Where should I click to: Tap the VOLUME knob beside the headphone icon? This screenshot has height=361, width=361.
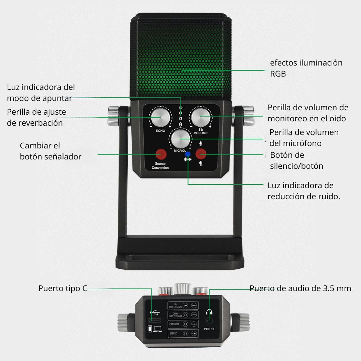click(x=201, y=118)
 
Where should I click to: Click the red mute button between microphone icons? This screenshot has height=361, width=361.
click(x=201, y=154)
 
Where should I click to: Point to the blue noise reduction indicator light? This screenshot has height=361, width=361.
click(x=188, y=154)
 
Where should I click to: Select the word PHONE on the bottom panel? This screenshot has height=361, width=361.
click(x=210, y=329)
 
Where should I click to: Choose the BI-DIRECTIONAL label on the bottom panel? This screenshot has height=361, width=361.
click(x=176, y=306)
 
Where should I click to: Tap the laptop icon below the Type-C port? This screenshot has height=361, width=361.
click(x=157, y=329)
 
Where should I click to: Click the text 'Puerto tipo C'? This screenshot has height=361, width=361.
click(x=63, y=288)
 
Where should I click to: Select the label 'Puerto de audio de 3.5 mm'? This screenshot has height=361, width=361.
click(x=300, y=288)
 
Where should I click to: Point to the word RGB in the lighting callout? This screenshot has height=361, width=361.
click(x=278, y=74)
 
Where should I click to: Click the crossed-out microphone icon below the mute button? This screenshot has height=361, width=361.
click(x=201, y=163)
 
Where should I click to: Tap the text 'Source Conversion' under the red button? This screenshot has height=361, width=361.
click(x=160, y=166)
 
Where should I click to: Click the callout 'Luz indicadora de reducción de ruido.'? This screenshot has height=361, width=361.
click(x=304, y=191)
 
